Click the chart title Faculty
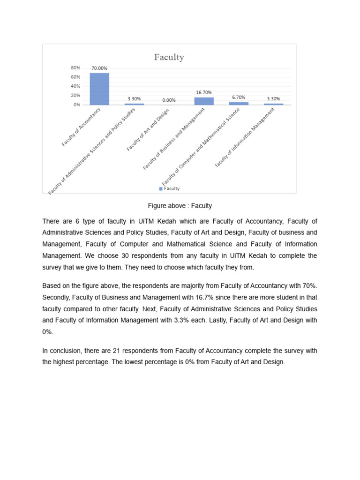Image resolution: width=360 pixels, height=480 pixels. point(169,57)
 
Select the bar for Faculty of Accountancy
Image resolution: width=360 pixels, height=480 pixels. point(99,89)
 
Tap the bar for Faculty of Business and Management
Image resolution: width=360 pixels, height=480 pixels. point(203,101)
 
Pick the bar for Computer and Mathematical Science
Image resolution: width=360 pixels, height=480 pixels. point(239,103)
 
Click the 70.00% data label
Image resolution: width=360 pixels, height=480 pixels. point(99,68)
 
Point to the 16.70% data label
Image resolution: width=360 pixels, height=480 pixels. point(203,93)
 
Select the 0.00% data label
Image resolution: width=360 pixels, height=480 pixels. point(169,100)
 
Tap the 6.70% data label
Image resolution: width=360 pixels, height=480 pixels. point(239,97)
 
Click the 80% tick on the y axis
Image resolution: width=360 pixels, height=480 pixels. point(76,67)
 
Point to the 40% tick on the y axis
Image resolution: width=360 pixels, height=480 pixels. point(76,86)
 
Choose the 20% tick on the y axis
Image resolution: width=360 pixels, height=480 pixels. point(76,95)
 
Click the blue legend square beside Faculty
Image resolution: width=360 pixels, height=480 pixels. point(161,189)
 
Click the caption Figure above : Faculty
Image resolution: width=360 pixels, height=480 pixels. point(180,206)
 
